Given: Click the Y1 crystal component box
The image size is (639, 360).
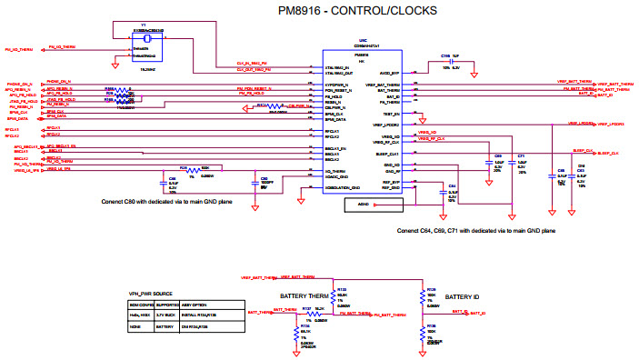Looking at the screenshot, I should [x=145, y=51].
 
